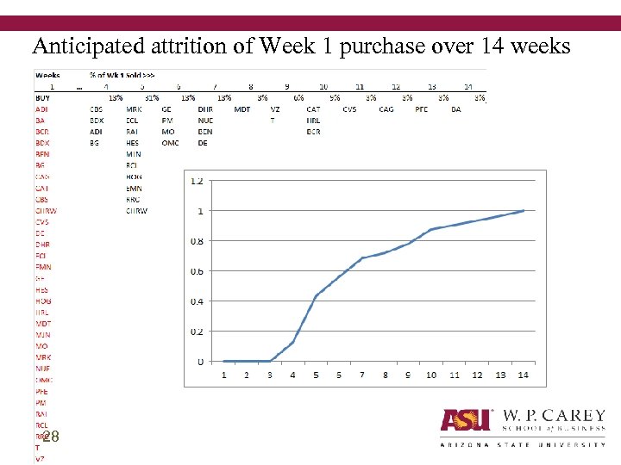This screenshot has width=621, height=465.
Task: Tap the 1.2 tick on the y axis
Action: click(x=197, y=181)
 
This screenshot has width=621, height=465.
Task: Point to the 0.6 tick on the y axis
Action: click(x=197, y=271)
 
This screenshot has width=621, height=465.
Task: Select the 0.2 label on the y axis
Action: click(x=197, y=332)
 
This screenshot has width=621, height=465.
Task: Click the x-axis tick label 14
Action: click(x=524, y=375)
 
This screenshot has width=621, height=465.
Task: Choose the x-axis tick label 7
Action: click(x=362, y=375)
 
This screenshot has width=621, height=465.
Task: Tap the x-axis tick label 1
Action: click(x=224, y=375)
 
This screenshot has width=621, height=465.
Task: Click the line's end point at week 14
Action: click(x=524, y=210)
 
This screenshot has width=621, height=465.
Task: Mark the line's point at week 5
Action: click(x=317, y=295)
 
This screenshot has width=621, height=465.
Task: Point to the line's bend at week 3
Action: click(x=270, y=361)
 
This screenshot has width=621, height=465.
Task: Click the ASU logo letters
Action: click(x=466, y=419)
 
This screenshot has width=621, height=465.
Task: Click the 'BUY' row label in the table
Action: click(x=42, y=98)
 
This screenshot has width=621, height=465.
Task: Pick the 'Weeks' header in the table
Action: click(x=47, y=75)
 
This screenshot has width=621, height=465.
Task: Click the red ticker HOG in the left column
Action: click(x=43, y=301)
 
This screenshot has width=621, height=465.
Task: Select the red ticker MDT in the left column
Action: click(x=43, y=324)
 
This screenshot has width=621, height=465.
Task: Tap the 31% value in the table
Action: click(x=152, y=98)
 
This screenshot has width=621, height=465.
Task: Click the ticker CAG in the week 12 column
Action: click(x=386, y=109)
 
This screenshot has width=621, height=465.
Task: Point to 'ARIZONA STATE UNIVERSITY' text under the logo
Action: click(x=523, y=444)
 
